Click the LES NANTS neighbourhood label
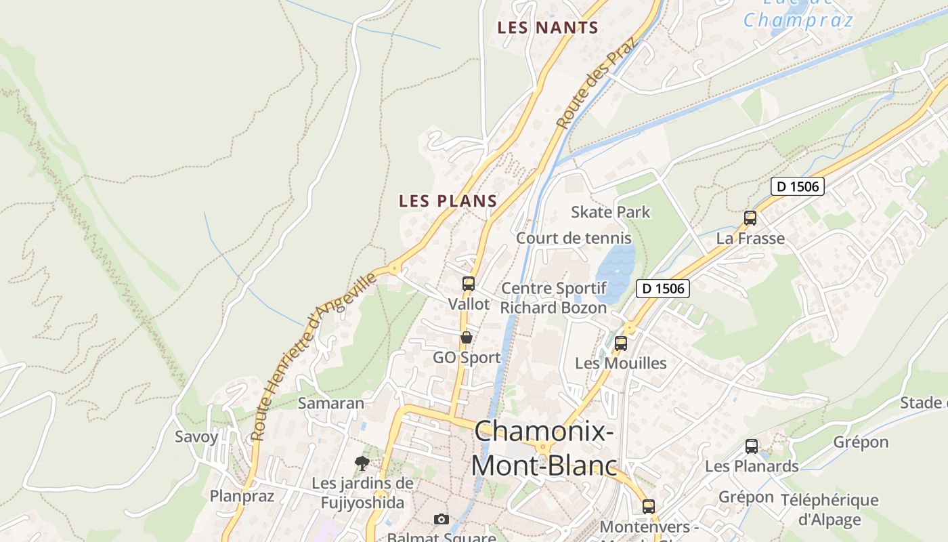[x=548, y=28]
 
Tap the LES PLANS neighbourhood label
[x=448, y=201]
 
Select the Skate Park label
[x=610, y=212]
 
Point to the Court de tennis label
[x=574, y=238]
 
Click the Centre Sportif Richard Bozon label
[x=553, y=297]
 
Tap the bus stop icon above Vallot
[x=469, y=284]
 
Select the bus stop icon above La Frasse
[x=750, y=218]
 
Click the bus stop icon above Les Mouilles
[x=621, y=343]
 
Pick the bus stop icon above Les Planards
[x=752, y=446]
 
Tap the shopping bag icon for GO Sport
[x=467, y=337]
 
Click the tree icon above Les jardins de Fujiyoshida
[x=362, y=463]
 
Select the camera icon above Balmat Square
[x=441, y=520]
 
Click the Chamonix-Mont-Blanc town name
[x=544, y=449]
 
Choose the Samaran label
[x=331, y=403]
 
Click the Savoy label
[x=196, y=436]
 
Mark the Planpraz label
[x=242, y=496]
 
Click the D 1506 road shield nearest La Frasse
[x=798, y=186]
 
